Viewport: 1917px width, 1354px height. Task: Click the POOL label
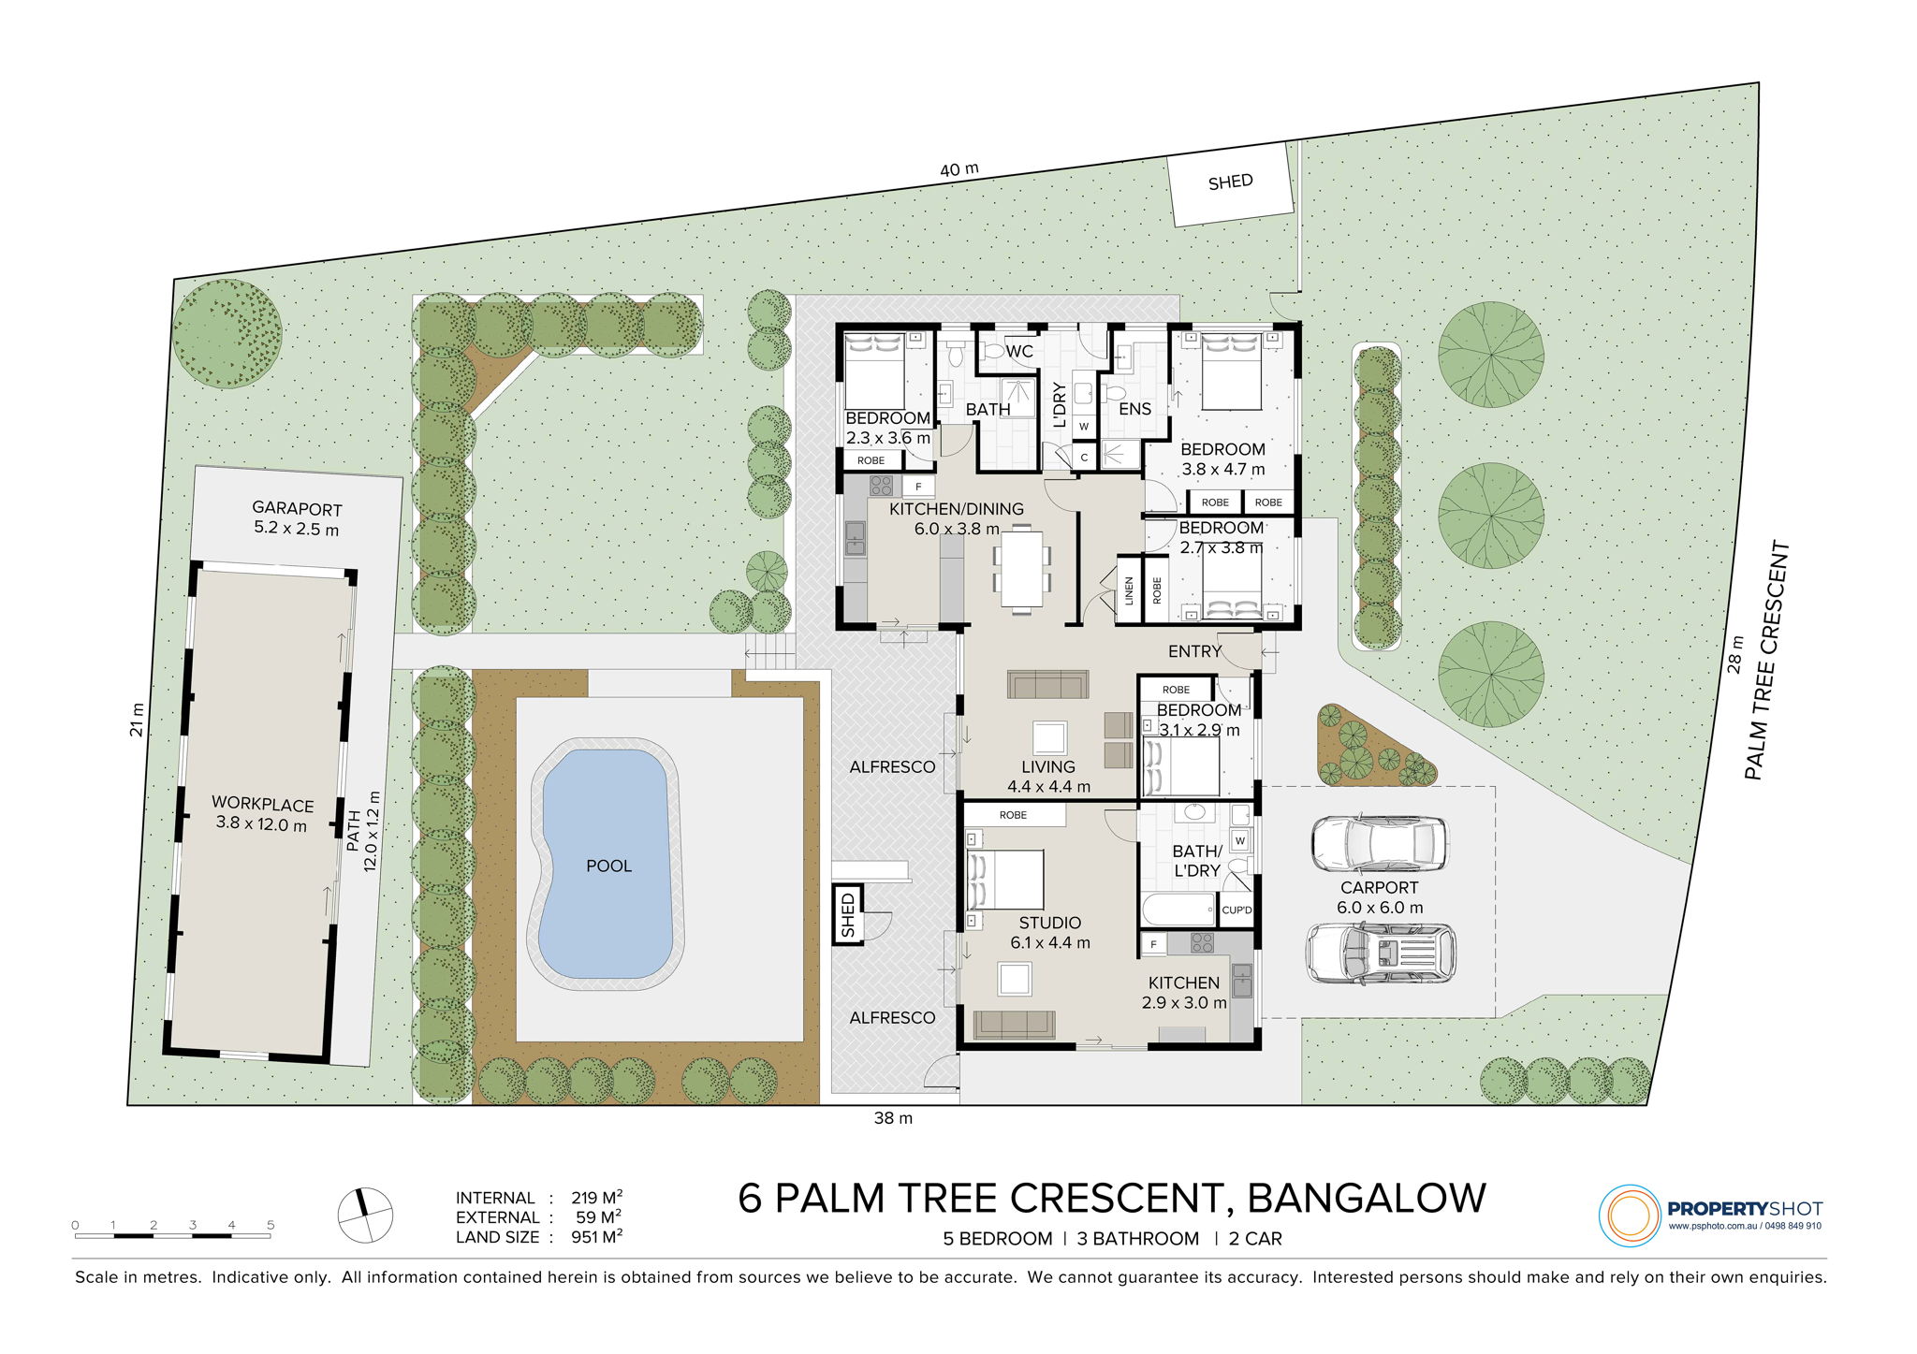pyautogui.click(x=608, y=866)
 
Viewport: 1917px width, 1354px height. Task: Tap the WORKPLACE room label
pyautogui.click(x=262, y=804)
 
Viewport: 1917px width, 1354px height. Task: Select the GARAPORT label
pyautogui.click(x=297, y=509)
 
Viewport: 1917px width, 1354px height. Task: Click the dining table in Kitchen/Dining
pyautogui.click(x=1021, y=569)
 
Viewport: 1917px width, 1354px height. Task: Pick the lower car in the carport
pyautogui.click(x=1381, y=954)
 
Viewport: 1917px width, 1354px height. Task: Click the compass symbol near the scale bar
pyautogui.click(x=365, y=1216)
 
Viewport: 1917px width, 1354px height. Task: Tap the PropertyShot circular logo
pyautogui.click(x=1630, y=1216)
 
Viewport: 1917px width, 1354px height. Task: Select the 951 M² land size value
pyautogui.click(x=597, y=1236)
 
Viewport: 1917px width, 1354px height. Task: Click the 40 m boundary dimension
pyautogui.click(x=959, y=169)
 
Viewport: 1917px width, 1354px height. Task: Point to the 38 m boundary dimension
pyautogui.click(x=893, y=1117)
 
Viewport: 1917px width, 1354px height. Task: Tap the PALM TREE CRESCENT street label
pyautogui.click(x=1766, y=661)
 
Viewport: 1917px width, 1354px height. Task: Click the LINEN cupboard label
pyautogui.click(x=1129, y=590)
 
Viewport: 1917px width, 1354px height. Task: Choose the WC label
pyautogui.click(x=1019, y=351)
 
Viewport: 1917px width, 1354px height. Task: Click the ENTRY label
pyautogui.click(x=1195, y=650)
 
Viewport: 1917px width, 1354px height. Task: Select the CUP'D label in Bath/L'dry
pyautogui.click(x=1237, y=910)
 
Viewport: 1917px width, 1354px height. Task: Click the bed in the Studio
pyautogui.click(x=1005, y=879)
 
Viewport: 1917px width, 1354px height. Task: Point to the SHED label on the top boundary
pyautogui.click(x=1230, y=182)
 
